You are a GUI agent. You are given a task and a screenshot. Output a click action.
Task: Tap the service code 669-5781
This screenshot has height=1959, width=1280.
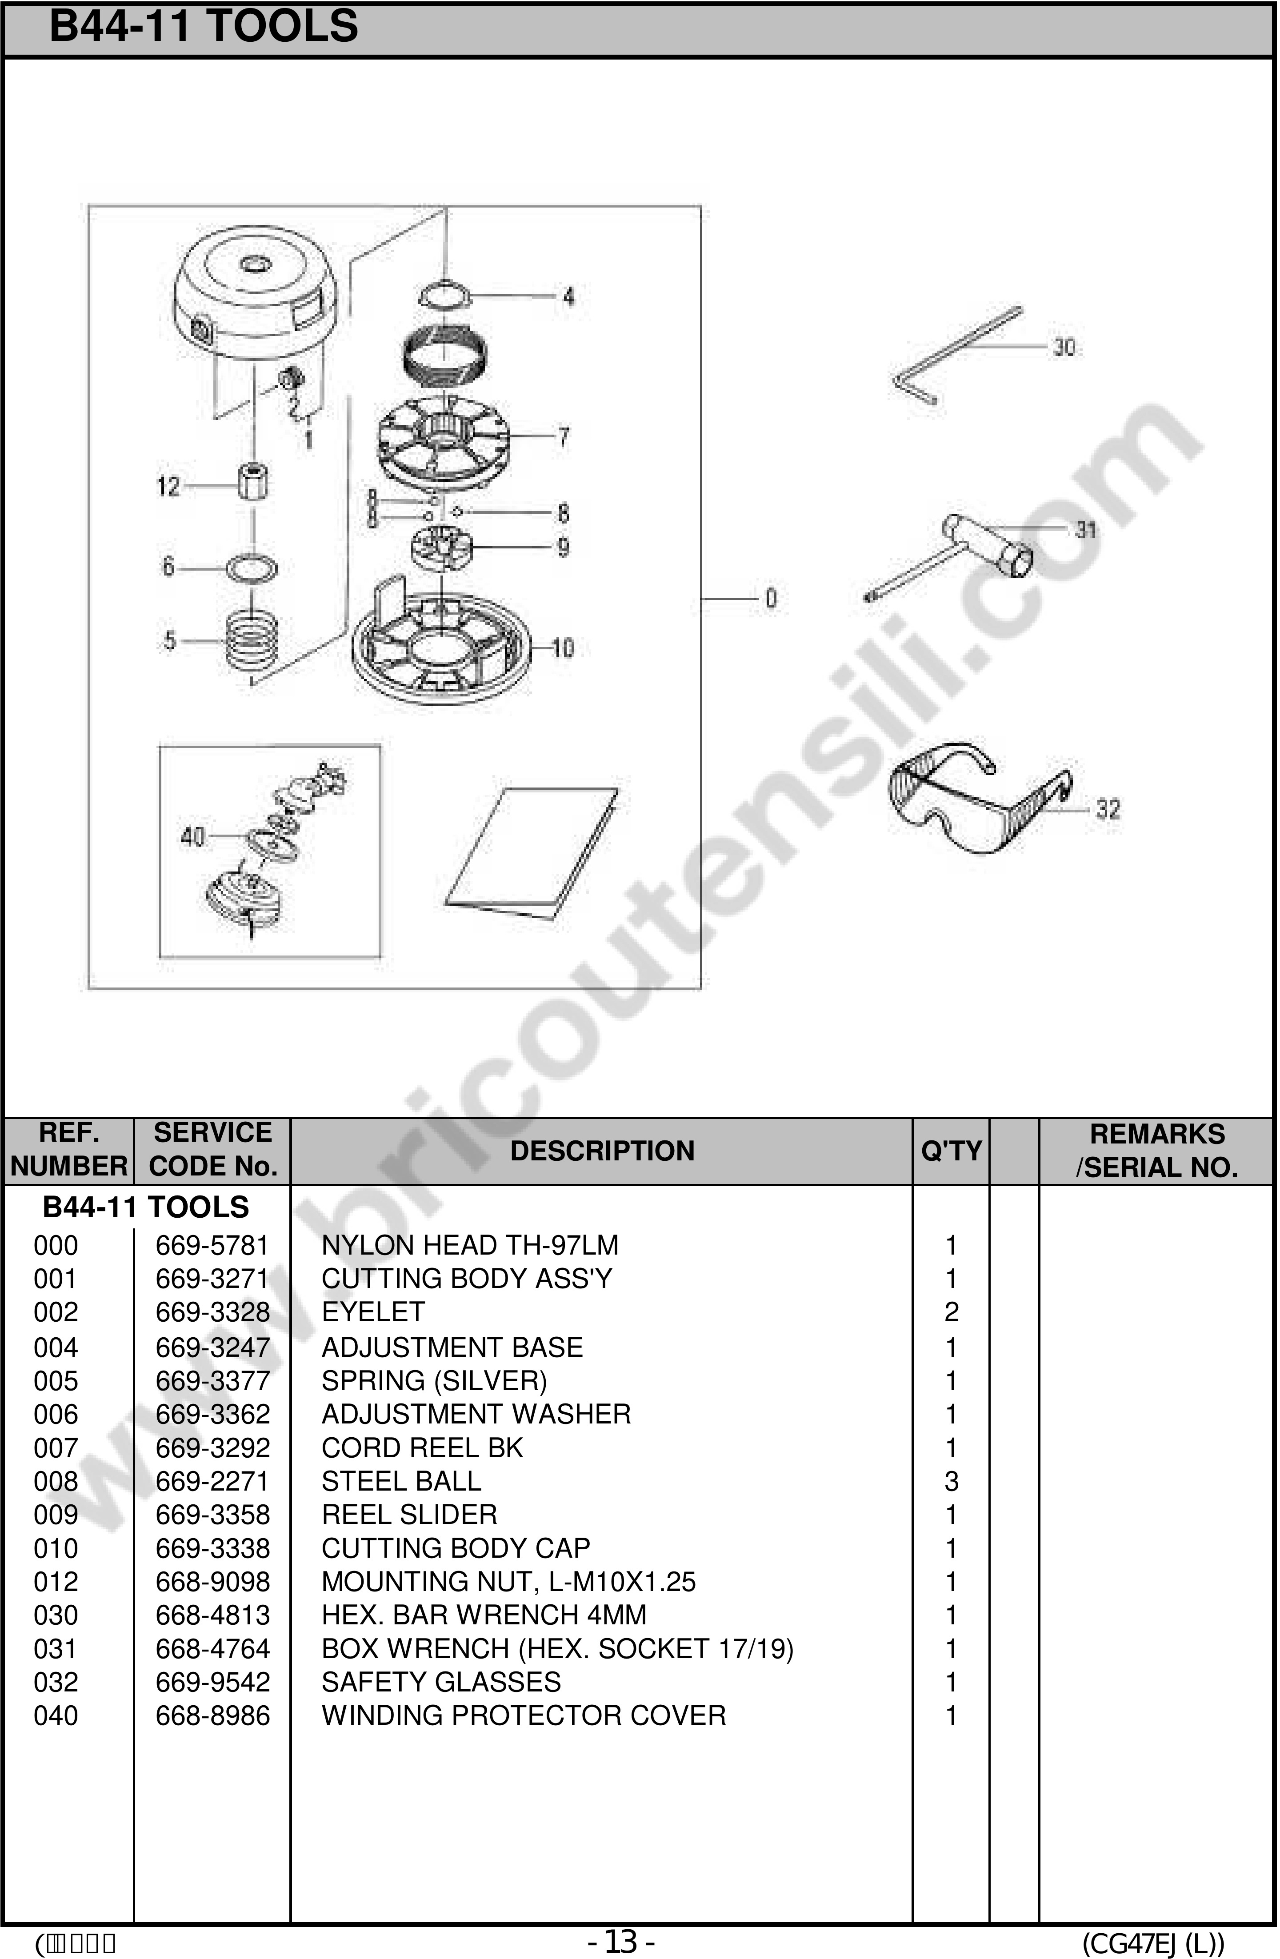click(212, 1245)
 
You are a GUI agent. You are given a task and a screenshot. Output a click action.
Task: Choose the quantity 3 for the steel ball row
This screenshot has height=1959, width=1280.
click(951, 1481)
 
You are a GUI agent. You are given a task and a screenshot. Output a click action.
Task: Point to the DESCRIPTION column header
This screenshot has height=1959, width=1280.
click(602, 1151)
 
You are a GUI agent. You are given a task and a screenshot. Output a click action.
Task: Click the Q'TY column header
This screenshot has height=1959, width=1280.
click(951, 1151)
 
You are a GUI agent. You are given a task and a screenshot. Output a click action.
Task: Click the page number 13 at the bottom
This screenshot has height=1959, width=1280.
click(621, 1942)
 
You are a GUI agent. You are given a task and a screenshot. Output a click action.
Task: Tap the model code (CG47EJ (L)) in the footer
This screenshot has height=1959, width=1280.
click(1152, 1943)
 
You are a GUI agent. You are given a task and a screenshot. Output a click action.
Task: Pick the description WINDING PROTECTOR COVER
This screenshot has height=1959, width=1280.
click(524, 1715)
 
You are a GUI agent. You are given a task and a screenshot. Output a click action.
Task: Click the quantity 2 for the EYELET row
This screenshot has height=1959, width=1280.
click(951, 1312)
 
